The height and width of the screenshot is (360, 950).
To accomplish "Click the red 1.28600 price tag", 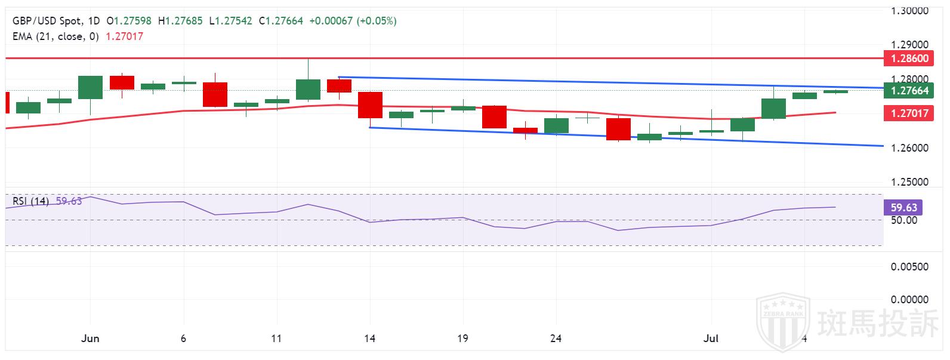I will click(909, 59).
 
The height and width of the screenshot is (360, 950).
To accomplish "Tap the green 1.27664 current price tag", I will click(909, 91).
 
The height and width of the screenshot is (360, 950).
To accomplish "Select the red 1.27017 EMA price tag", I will click(909, 112).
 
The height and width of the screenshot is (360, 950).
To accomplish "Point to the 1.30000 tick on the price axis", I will click(909, 11).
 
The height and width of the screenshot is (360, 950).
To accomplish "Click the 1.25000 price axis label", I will click(909, 182).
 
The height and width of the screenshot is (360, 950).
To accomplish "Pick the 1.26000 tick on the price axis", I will click(909, 148).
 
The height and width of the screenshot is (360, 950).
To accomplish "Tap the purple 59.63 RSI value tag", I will click(903, 208).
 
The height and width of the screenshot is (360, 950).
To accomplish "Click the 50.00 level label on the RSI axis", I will click(903, 220).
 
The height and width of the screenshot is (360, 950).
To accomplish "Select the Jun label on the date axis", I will click(90, 339).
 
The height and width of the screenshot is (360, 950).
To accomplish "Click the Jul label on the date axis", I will click(711, 339).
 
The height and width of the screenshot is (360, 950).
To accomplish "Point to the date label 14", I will click(369, 339).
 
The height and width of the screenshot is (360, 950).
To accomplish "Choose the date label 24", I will click(556, 339).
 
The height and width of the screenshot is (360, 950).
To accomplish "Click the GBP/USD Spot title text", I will click(47, 21).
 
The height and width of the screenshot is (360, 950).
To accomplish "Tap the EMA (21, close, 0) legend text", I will click(55, 36).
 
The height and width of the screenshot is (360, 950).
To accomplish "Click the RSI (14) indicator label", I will click(30, 201).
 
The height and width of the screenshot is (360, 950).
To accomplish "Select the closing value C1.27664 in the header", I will click(280, 21).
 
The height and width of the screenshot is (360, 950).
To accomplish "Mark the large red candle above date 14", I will click(370, 105).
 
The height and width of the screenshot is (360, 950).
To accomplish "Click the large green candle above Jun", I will click(90, 87).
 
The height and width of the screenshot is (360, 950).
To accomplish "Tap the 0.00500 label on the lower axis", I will click(909, 267).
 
